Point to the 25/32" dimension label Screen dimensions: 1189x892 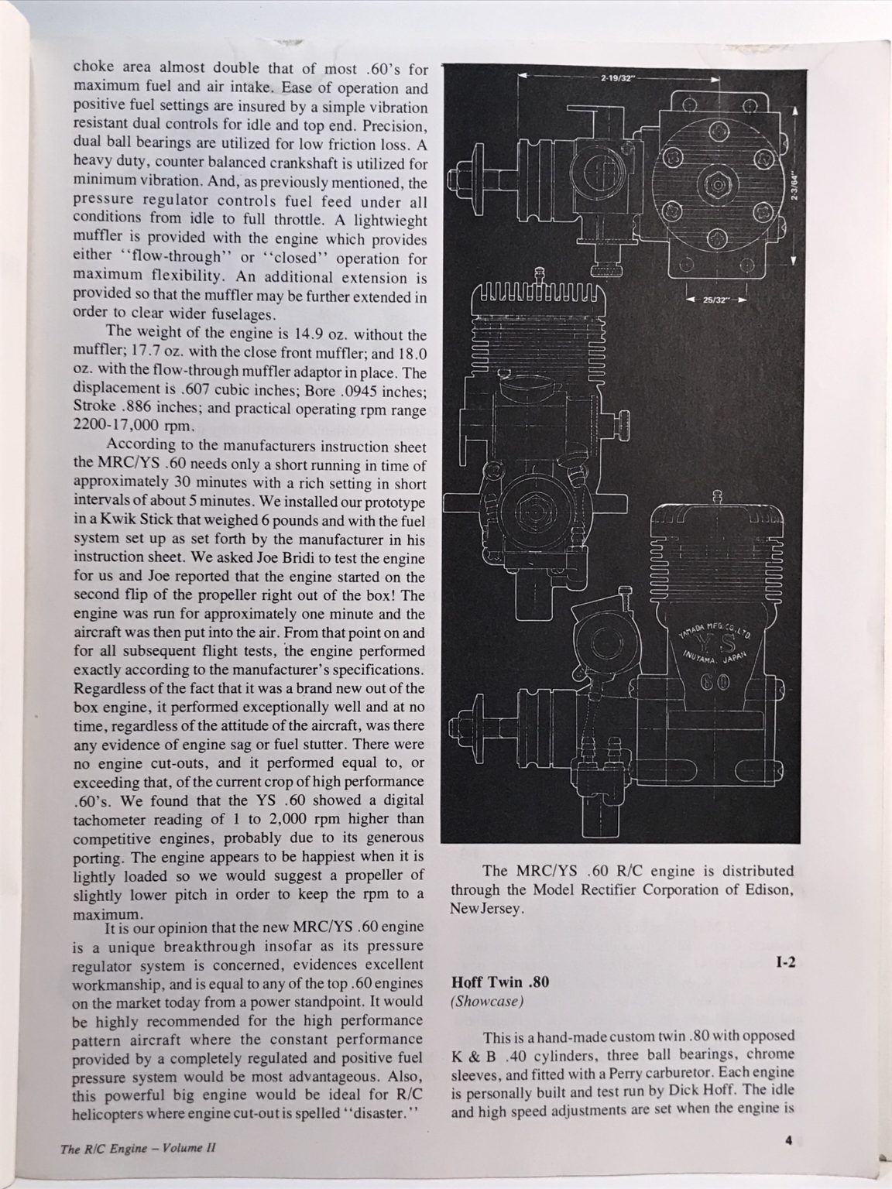(714, 302)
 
